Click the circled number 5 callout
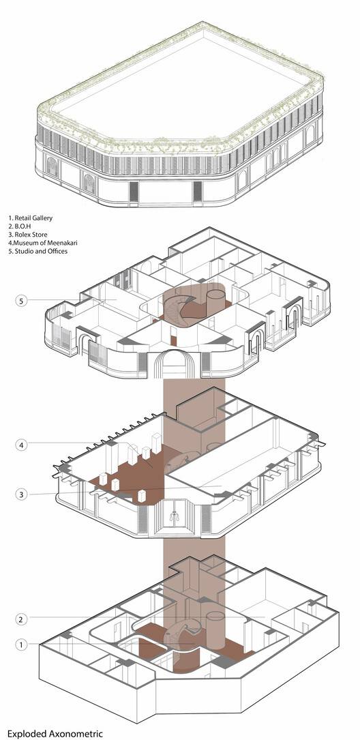(20, 301)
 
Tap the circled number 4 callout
(20, 445)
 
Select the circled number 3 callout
(20, 494)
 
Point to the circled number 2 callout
(20, 619)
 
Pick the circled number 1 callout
(20, 644)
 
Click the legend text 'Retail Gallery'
(33, 218)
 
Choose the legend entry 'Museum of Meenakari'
(46, 243)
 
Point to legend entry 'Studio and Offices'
(41, 251)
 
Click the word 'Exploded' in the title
(25, 734)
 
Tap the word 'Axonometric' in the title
(74, 733)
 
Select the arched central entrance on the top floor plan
(174, 364)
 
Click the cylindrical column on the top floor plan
(215, 303)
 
